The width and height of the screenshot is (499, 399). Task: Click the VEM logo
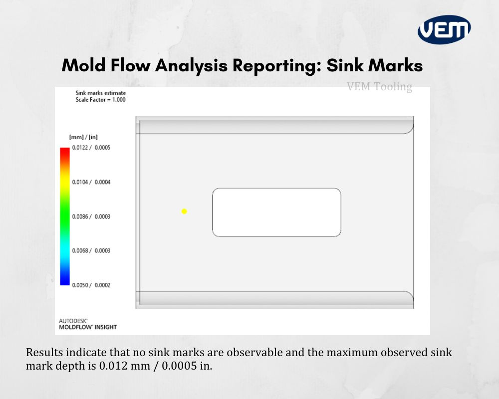444,29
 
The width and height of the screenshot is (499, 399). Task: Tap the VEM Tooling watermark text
379,87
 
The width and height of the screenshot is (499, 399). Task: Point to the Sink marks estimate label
100,93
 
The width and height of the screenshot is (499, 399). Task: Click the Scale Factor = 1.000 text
100,100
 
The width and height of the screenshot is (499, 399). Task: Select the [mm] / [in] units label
83,137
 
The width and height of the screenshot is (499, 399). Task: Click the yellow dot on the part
184,211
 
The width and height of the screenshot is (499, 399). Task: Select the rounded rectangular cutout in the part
276,212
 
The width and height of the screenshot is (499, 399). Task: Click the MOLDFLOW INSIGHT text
88,328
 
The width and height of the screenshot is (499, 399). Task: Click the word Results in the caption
43,352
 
